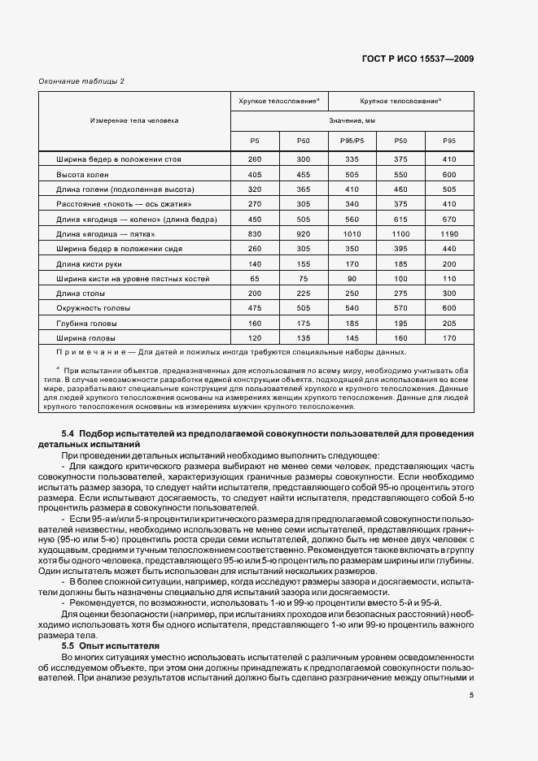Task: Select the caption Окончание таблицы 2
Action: pos(81,81)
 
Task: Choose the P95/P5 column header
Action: pos(352,141)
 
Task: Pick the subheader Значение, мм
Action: pos(352,120)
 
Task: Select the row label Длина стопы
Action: pos(77,293)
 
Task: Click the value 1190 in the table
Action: pos(449,234)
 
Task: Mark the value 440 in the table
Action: pos(449,249)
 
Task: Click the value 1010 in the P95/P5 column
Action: pos(352,234)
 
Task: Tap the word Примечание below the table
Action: pos(93,352)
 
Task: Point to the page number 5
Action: pos(471,694)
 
